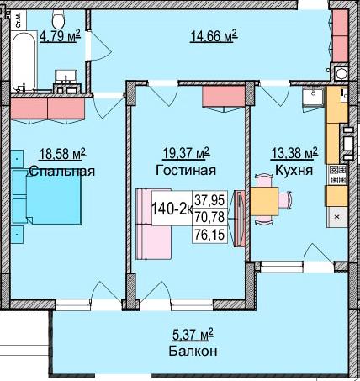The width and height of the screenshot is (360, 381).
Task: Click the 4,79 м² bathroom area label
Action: click(x=60, y=36)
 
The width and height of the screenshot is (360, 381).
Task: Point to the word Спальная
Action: click(x=61, y=171)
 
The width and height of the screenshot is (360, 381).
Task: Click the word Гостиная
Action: click(x=186, y=170)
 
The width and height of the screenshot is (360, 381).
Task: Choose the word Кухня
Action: click(x=294, y=170)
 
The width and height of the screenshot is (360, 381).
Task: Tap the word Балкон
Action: click(x=186, y=351)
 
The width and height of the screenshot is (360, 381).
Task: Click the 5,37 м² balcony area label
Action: click(x=187, y=334)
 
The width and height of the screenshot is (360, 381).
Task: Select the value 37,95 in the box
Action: click(x=214, y=199)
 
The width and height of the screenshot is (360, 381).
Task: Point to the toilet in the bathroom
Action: click(x=58, y=19)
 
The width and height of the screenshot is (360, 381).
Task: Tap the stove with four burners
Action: click(x=336, y=174)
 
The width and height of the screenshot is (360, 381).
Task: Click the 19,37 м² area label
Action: click(x=186, y=153)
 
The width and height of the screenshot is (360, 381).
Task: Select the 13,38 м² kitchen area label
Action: click(x=294, y=153)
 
